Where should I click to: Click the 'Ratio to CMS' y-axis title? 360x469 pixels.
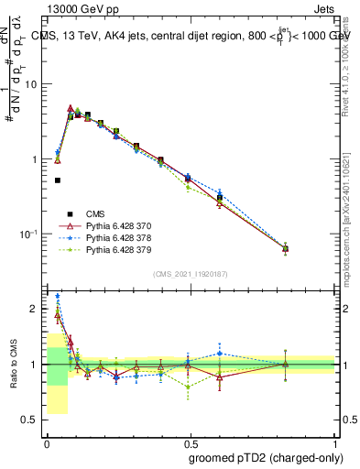tap(13, 364)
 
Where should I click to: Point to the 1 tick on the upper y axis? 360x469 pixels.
tap(34, 159)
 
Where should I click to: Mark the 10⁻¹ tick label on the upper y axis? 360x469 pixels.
tap(27, 234)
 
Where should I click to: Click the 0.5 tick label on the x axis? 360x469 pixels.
tap(191, 443)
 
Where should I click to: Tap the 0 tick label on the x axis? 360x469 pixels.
tap(46, 443)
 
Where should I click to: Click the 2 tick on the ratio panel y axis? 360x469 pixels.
tap(35, 309)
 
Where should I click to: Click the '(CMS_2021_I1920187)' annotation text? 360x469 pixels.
tap(190, 274)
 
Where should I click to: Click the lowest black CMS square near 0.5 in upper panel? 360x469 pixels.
tap(58, 180)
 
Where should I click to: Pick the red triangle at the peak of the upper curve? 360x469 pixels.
tap(71, 108)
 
